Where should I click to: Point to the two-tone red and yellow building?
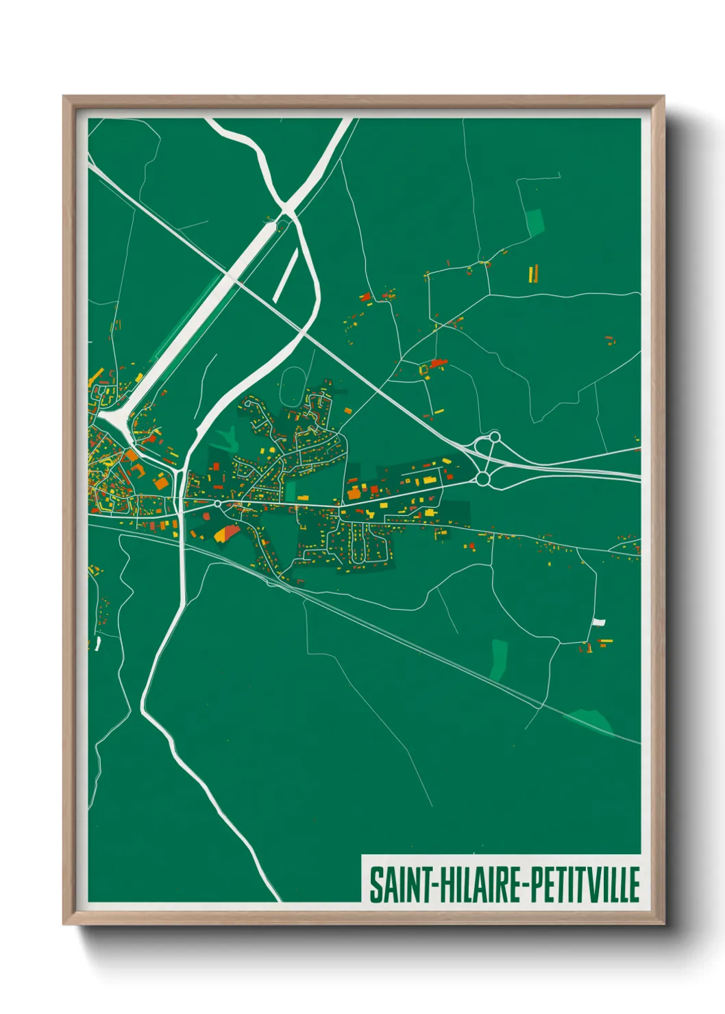tap(227, 532)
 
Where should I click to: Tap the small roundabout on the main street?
tap(217, 504)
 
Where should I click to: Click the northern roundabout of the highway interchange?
tap(494, 436)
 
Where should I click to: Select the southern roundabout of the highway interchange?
tap(482, 479)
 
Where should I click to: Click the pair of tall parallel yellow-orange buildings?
tap(533, 274)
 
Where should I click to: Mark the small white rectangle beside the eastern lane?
tap(598, 622)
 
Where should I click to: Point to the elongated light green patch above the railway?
tap(498, 659)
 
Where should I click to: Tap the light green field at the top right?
tap(534, 222)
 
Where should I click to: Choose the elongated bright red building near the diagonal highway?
tap(437, 363)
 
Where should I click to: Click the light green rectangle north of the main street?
tap(291, 491)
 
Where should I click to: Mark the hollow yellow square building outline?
tap(423, 370)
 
